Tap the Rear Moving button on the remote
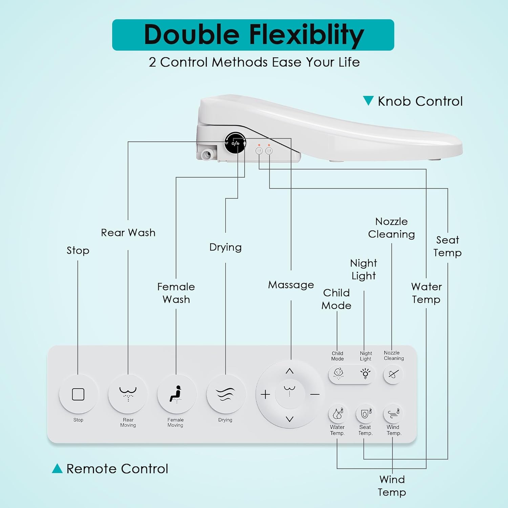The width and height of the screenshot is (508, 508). click(128, 394)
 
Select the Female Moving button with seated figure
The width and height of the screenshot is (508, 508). click(176, 394)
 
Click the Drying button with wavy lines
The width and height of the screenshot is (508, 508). click(226, 394)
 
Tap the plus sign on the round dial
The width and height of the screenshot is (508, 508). click(266, 395)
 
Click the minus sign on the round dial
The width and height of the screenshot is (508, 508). click(315, 395)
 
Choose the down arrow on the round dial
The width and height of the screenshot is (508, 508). click(290, 419)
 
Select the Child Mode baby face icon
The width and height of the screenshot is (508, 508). click(338, 374)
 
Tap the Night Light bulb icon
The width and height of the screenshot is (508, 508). click(365, 374)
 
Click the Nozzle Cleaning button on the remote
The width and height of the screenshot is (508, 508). click(393, 375)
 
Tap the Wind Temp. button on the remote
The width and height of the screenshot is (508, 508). click(393, 414)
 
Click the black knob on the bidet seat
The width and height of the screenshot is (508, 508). click(235, 143)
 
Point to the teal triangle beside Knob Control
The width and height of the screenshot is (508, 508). click(368, 101)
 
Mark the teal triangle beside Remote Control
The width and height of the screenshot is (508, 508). click(57, 469)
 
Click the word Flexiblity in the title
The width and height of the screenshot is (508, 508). click(306, 35)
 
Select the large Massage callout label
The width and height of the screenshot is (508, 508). click(291, 285)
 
